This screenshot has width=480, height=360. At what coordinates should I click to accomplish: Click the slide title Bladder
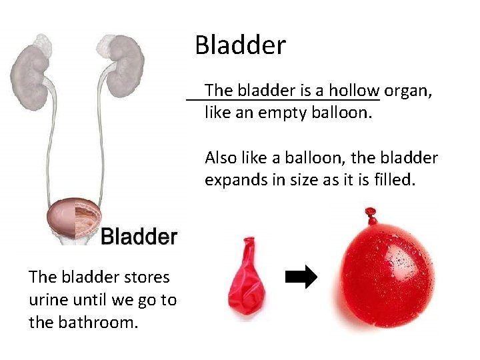point(240,45)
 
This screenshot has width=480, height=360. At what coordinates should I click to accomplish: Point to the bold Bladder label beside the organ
point(139,236)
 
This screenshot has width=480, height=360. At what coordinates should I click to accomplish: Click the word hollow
point(354,90)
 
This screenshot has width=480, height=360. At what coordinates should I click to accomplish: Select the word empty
point(281,112)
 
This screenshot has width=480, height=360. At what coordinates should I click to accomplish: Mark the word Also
point(219,158)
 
